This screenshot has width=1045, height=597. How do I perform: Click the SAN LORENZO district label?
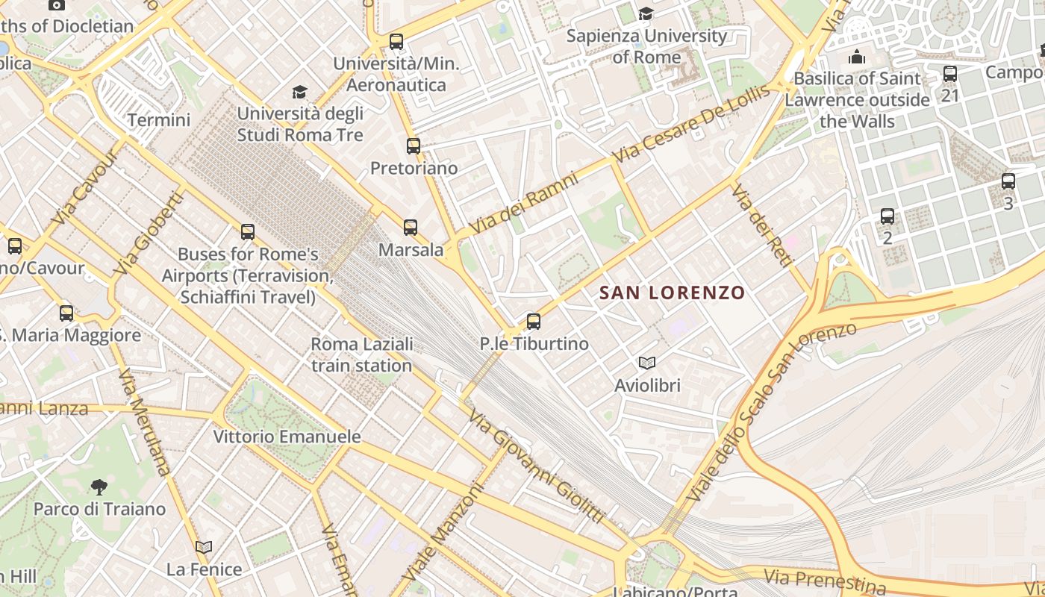pyautogui.click(x=673, y=293)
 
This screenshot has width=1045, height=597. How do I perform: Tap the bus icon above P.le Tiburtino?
pyautogui.click(x=533, y=322)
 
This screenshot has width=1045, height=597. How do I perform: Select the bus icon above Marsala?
pyautogui.click(x=410, y=228)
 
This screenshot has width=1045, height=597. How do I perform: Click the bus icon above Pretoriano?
pyautogui.click(x=413, y=146)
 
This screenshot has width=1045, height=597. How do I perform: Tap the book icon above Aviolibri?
pyautogui.click(x=646, y=363)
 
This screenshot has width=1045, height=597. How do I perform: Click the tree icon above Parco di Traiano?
pyautogui.click(x=99, y=488)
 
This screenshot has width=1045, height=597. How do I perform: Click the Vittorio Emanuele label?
pyautogui.click(x=287, y=437)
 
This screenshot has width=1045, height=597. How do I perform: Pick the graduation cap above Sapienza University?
pyautogui.click(x=646, y=13)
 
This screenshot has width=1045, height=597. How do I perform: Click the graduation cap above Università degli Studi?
pyautogui.click(x=299, y=92)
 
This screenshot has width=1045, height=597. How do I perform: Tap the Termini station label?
pyautogui.click(x=158, y=120)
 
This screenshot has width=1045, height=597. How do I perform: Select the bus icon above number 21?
pyautogui.click(x=949, y=74)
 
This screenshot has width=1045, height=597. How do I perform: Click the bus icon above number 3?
pyautogui.click(x=1008, y=181)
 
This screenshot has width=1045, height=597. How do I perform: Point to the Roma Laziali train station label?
pyautogui.click(x=361, y=355)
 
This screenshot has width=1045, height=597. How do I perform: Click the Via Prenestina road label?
pyautogui.click(x=824, y=580)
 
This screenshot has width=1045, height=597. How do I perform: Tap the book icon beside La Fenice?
pyautogui.click(x=204, y=547)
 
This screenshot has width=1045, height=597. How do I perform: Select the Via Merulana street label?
pyautogui.click(x=144, y=422)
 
